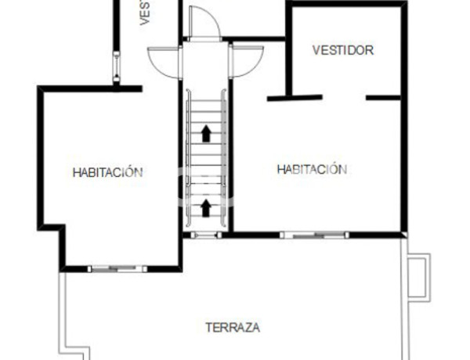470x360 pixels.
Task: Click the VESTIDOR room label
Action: tap(342, 50)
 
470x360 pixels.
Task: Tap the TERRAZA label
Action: tap(233, 327)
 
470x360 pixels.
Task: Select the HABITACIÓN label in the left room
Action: tap(107, 172)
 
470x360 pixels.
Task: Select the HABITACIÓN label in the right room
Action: tap(311, 169)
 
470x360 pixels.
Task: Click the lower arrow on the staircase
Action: tap(206, 207)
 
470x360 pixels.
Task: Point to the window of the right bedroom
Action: tap(313, 233)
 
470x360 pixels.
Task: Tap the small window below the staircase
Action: tap(206, 233)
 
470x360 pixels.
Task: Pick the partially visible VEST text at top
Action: tap(145, 13)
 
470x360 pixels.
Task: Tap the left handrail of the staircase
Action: tap(188, 157)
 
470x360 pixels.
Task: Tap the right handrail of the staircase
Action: tap(225, 157)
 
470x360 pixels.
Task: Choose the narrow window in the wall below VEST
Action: tap(116, 66)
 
